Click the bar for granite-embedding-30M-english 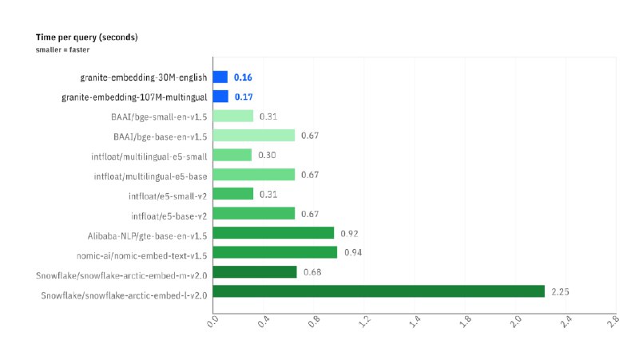[220, 77]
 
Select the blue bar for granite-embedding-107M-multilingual [220, 97]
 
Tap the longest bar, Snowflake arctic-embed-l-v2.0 [379, 291]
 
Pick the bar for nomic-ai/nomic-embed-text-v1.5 [275, 252]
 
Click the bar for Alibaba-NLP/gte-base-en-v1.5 [273, 232]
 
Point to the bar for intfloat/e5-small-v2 [233, 193]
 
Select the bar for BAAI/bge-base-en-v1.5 [254, 135]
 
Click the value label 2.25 [560, 291]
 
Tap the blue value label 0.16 [243, 77]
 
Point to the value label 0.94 [353, 252]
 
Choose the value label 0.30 [267, 155]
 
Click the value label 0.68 [312, 272]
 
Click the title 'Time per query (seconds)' [87, 38]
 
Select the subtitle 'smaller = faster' [62, 49]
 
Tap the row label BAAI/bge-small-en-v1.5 [159, 117]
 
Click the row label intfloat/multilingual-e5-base [150, 176]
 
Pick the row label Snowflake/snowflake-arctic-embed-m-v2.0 [121, 275]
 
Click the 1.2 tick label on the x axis [364, 322]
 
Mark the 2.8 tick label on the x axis [613, 322]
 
